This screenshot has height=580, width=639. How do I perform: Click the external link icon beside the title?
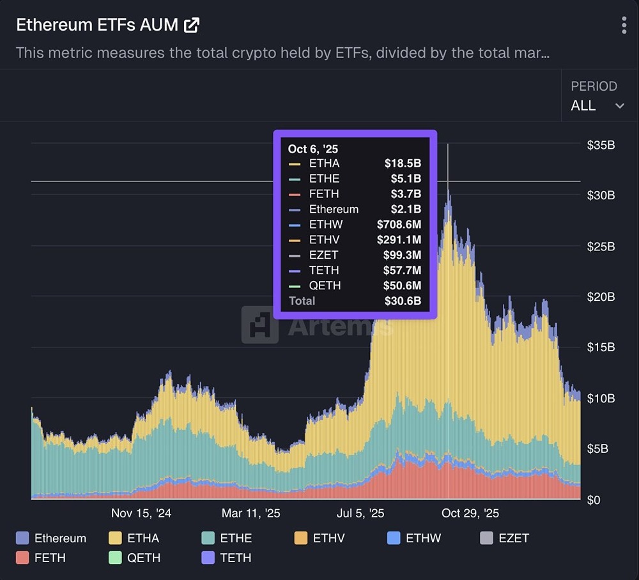point(192,25)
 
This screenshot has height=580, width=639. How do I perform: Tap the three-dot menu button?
point(624,26)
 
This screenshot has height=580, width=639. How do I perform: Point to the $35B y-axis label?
point(601,145)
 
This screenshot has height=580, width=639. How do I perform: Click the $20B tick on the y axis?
point(601,297)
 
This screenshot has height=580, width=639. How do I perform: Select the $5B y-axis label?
point(597,449)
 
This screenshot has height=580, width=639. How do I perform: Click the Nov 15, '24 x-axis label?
point(141,514)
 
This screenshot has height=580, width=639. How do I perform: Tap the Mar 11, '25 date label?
point(250,514)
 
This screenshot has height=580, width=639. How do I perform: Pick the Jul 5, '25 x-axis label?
point(360,514)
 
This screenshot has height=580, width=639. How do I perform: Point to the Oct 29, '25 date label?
point(470,514)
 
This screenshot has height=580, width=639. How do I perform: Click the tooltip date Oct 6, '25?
point(313,149)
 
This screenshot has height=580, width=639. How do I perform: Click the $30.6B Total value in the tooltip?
point(403,301)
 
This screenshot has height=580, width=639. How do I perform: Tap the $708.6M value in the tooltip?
point(399,224)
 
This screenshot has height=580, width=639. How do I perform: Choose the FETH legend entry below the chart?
point(41,558)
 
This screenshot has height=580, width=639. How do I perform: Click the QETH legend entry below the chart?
point(134,558)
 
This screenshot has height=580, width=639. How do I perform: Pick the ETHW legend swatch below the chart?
point(394,538)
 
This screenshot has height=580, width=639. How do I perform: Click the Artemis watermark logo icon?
point(259,325)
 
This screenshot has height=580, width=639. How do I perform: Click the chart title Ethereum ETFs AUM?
point(97,25)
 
